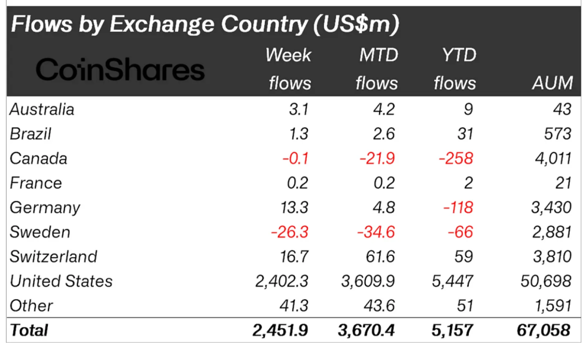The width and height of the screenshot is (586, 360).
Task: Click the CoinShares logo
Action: (x=120, y=71)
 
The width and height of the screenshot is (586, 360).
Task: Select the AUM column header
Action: (x=552, y=83)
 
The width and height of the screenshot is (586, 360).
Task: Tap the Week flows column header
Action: (x=289, y=69)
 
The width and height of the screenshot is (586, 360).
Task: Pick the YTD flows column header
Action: (x=454, y=69)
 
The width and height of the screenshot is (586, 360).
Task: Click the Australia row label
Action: (x=42, y=109)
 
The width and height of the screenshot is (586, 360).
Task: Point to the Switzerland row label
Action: (x=53, y=257)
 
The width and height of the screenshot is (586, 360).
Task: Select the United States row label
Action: (x=61, y=281)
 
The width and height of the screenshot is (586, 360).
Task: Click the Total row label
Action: (x=29, y=330)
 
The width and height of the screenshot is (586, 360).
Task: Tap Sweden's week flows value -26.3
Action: (x=290, y=232)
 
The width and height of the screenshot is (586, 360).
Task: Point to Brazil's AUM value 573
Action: (x=557, y=134)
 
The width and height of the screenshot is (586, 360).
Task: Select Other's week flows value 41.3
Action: (x=294, y=306)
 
